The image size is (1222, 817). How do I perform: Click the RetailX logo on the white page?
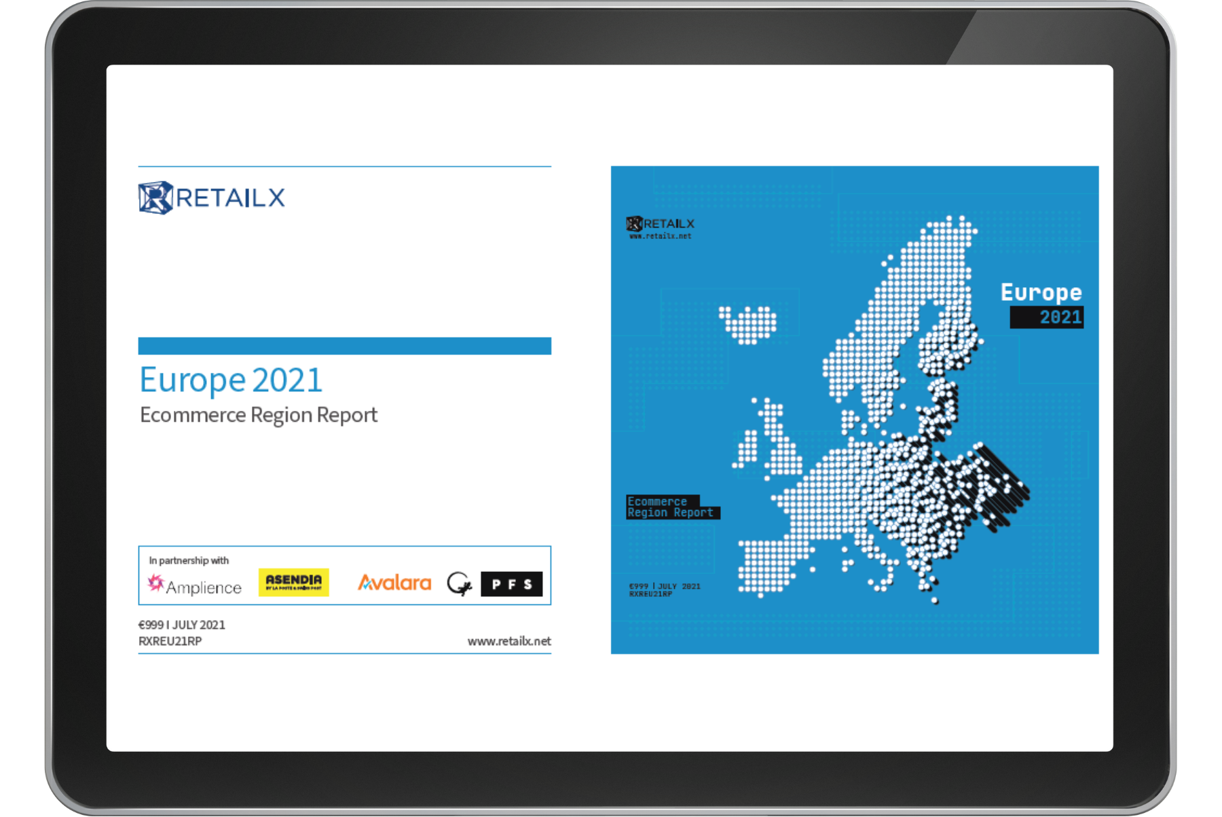(211, 198)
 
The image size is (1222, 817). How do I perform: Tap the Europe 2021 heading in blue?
(231, 380)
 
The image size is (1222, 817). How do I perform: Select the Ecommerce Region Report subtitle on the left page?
(258, 415)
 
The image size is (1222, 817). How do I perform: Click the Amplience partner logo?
(195, 585)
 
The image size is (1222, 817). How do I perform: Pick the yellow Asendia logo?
(293, 582)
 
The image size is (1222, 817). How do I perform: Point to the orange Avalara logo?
(394, 583)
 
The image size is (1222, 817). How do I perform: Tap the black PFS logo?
(511, 584)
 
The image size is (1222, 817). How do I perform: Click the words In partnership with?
(189, 560)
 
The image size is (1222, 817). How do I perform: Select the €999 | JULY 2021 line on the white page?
(182, 625)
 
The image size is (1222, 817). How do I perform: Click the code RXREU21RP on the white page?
(170, 641)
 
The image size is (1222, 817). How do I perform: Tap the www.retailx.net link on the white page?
(509, 641)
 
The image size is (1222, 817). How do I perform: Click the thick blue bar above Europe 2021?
(344, 346)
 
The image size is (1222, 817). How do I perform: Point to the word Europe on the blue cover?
(1041, 293)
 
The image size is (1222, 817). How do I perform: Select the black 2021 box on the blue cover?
(1046, 317)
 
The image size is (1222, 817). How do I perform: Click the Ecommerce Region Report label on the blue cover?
(670, 507)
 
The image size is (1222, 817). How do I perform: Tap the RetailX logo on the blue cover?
(660, 223)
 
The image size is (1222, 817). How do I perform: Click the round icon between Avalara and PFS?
(459, 583)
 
